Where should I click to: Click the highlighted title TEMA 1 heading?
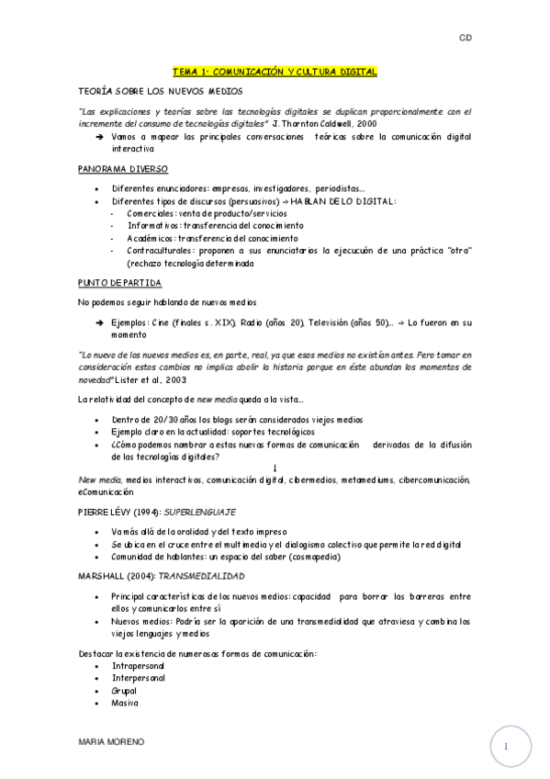pyautogui.click(x=275, y=71)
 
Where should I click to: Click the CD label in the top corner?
pyautogui.click(x=465, y=38)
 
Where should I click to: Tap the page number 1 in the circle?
pyautogui.click(x=504, y=746)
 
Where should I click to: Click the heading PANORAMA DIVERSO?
pyautogui.click(x=122, y=170)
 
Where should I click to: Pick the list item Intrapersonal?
pyautogui.click(x=139, y=666)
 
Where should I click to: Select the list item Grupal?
pyautogui.click(x=126, y=690)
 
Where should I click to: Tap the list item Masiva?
pyautogui.click(x=125, y=703)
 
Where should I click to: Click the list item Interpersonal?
pyautogui.click(x=139, y=678)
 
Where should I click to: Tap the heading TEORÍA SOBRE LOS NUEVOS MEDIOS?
pyautogui.click(x=161, y=93)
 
